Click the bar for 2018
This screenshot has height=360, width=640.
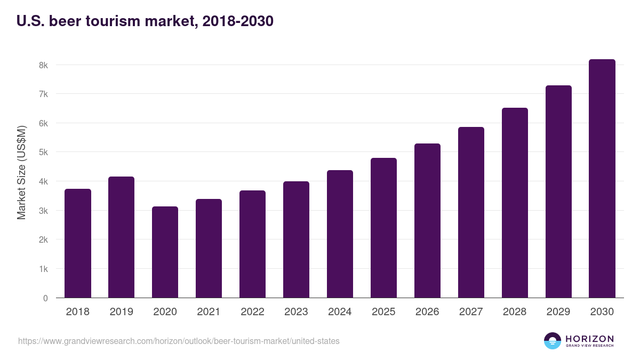click(78, 243)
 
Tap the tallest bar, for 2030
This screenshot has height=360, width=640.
click(602, 179)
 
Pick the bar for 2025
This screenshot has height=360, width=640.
click(383, 228)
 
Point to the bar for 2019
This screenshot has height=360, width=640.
click(121, 237)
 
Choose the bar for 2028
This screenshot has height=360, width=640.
click(515, 203)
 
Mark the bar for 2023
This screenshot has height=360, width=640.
click(296, 239)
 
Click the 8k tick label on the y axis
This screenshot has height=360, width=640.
click(43, 65)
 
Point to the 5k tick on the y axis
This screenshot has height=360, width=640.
click(43, 153)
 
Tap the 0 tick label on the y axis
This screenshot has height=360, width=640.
click(45, 298)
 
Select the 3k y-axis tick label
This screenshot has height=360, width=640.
click(43, 211)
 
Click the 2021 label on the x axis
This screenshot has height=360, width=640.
click(209, 312)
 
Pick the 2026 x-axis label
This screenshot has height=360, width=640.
click(427, 312)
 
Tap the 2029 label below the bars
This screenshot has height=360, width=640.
click(558, 312)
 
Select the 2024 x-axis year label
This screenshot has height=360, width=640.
click(340, 312)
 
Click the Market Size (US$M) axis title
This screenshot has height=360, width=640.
click(21, 172)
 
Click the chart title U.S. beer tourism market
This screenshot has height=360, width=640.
click(145, 21)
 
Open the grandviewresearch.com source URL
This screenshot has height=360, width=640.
click(179, 341)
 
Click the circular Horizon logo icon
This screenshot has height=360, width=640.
click(553, 341)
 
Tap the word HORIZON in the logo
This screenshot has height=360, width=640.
click(589, 339)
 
